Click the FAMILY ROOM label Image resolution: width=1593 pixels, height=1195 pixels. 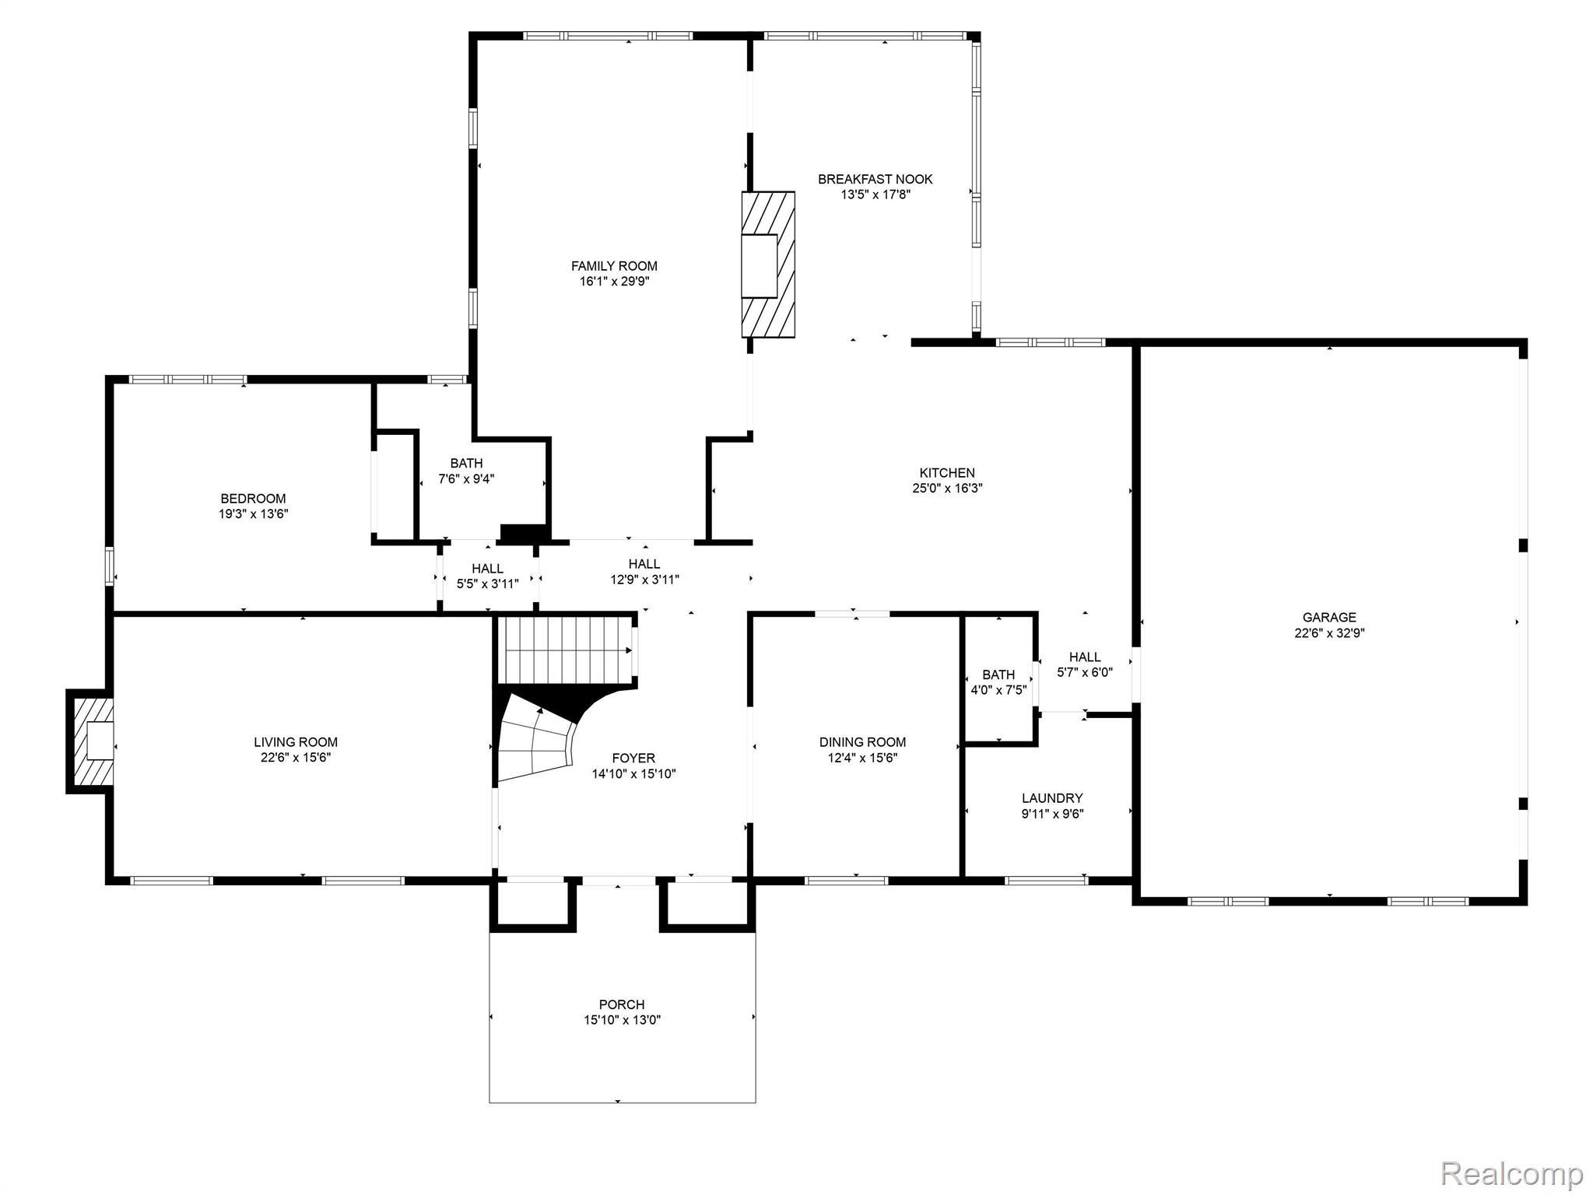(614, 266)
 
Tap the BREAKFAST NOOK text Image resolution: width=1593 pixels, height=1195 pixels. (875, 179)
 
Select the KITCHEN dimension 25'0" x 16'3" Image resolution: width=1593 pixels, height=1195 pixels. (947, 489)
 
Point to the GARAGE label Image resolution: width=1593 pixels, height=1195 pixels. (1330, 618)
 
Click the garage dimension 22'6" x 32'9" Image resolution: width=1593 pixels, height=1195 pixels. (1329, 633)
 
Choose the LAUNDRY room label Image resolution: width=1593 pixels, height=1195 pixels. (1052, 798)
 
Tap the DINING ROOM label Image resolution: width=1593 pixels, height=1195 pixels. (862, 742)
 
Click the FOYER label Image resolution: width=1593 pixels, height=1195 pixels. (633, 758)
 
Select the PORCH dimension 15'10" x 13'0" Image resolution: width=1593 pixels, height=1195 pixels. (622, 1020)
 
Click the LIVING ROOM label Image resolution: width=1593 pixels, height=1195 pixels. (296, 742)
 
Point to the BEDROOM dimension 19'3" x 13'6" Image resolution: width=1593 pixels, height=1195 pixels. (253, 513)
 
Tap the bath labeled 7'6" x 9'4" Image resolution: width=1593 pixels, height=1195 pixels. (466, 471)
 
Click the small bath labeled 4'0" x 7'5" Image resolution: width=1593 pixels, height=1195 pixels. (998, 682)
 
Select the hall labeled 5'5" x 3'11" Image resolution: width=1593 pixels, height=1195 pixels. (487, 576)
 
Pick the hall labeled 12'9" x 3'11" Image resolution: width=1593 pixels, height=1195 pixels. (644, 572)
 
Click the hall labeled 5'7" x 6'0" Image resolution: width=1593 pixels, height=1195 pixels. (1085, 664)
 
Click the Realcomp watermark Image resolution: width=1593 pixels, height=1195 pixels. (1511, 1172)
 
